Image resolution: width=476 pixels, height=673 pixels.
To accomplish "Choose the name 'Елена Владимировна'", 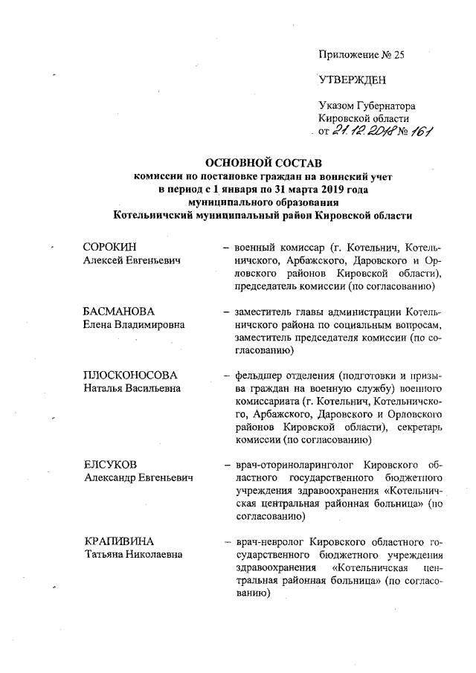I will tap(135, 324).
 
